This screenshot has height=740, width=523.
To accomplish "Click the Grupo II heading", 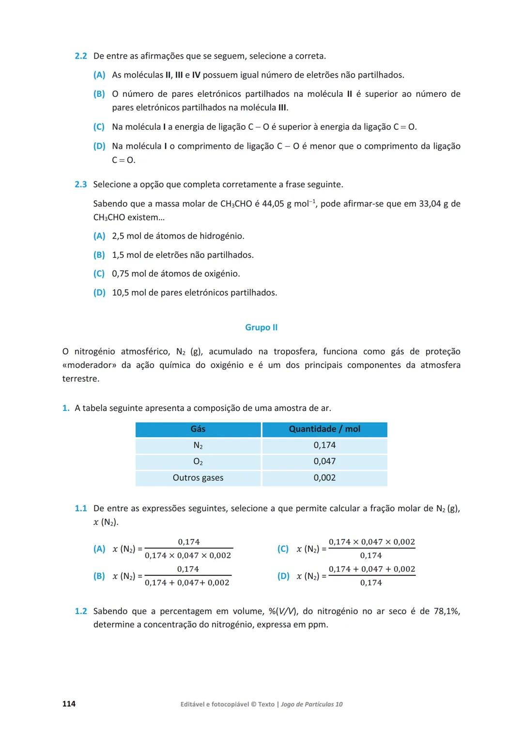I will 261,328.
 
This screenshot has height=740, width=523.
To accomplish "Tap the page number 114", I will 69,704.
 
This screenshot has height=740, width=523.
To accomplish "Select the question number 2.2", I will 80,56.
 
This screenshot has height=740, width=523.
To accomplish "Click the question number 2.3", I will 80,185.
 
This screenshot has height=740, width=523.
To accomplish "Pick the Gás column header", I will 198,429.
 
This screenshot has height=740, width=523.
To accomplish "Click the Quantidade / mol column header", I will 324,429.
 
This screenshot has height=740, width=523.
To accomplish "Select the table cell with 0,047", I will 324,461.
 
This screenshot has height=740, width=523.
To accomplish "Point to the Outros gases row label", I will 198,478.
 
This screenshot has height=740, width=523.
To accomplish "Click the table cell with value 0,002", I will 324,478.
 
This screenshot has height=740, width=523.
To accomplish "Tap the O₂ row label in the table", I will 198,461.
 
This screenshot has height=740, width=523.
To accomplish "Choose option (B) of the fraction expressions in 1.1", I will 99,576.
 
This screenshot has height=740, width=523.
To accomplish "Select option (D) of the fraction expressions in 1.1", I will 283,576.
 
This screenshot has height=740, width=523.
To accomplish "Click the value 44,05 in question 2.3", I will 273,204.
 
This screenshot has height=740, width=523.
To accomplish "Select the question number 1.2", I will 80,612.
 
